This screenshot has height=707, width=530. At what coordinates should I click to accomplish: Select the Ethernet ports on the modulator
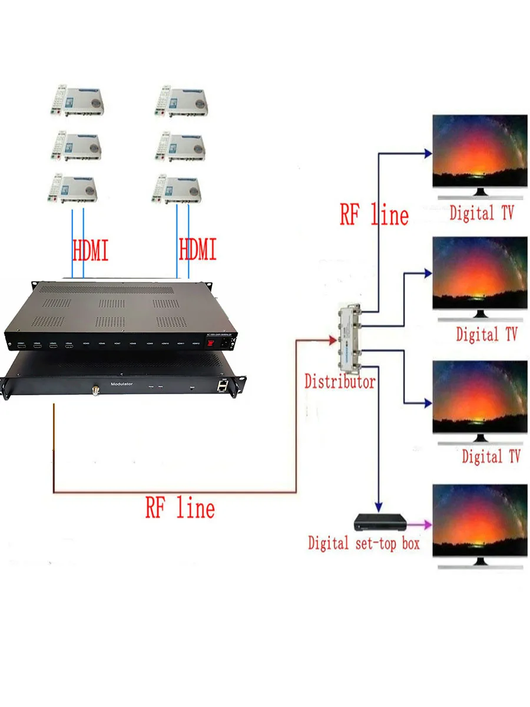223,385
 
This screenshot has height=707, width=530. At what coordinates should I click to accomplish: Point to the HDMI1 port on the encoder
21,343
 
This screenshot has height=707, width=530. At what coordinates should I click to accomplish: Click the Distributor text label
339,381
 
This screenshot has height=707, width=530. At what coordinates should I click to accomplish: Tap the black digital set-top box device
380,523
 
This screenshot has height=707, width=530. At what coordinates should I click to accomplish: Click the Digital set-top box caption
363,543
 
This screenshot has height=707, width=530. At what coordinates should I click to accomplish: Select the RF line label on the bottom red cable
180,507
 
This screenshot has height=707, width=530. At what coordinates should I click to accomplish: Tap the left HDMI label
90,250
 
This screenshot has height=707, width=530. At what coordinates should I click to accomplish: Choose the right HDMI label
198,250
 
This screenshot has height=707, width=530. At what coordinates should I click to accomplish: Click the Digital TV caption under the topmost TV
481,213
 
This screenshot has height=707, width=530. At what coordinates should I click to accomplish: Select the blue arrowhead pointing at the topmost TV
428,154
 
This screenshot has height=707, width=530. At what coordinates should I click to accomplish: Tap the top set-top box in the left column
75,101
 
